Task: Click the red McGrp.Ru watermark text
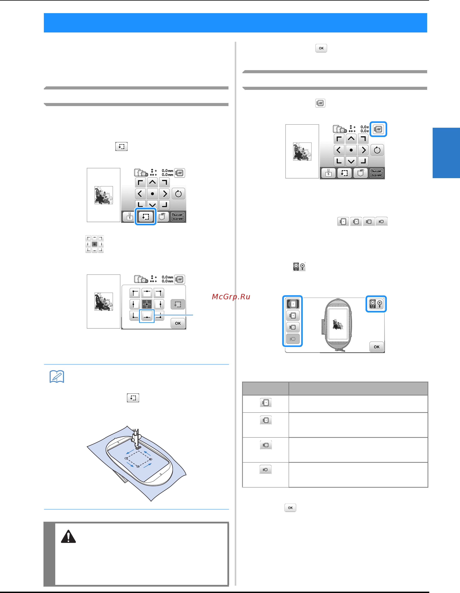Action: click(x=231, y=297)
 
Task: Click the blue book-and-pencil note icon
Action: click(x=57, y=377)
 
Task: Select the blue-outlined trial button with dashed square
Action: click(x=145, y=216)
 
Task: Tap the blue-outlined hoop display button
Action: click(x=378, y=129)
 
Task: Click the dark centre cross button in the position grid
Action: click(x=147, y=304)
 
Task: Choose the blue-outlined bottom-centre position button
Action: click(x=147, y=316)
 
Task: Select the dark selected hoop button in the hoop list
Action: click(x=293, y=304)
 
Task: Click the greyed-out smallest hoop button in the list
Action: click(x=293, y=339)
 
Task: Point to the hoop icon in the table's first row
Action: click(x=266, y=403)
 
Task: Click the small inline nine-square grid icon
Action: click(x=94, y=244)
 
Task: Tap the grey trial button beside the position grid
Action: click(x=178, y=304)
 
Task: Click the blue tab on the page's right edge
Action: click(x=446, y=153)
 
